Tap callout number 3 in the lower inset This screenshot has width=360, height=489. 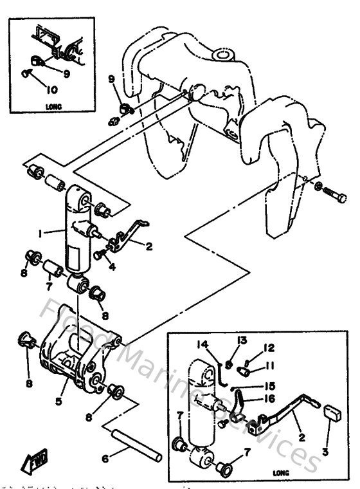[x=325, y=452]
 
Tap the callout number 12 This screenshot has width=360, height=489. [x=269, y=348]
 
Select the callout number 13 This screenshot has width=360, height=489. [x=241, y=340]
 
